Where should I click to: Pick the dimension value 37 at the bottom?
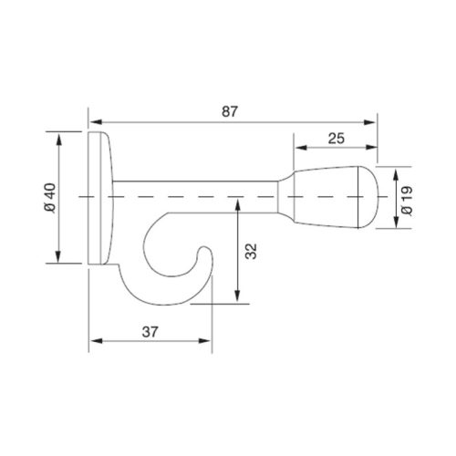151,331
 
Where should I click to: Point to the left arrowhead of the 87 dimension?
94,119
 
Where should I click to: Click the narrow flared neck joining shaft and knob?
285,197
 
